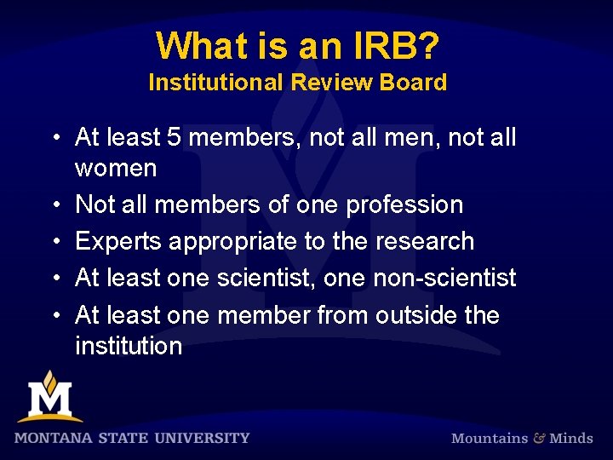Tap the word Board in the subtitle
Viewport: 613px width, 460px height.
click(415, 83)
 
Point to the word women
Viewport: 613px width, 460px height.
click(116, 168)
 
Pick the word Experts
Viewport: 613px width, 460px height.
click(118, 242)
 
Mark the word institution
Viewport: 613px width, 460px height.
click(129, 346)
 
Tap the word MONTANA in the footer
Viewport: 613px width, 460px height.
click(54, 438)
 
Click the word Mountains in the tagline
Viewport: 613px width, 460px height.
click(489, 438)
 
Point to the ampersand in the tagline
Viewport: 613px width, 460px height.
click(538, 438)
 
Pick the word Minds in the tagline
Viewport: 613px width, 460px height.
click(571, 438)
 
